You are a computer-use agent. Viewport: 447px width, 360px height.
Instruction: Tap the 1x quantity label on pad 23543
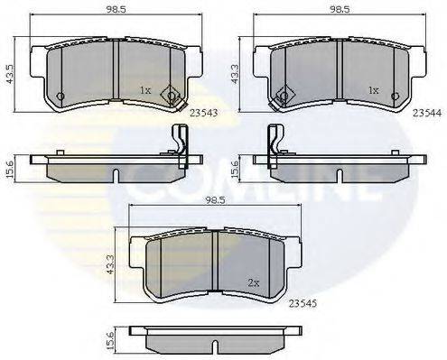click(146, 90)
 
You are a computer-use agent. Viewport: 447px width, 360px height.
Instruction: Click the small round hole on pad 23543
click(61, 97)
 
